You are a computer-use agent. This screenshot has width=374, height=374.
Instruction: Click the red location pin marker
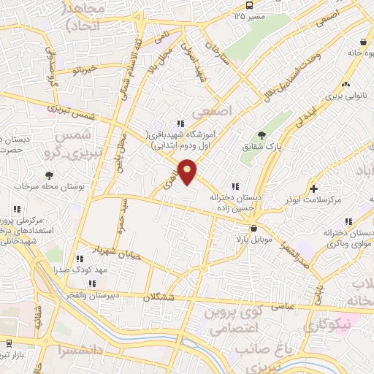click(x=188, y=171)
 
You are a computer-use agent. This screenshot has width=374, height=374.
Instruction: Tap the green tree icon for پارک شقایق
click(x=262, y=134)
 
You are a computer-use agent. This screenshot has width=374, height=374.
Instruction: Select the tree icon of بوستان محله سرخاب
click(x=49, y=175)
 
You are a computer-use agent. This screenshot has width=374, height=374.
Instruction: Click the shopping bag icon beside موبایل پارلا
click(x=253, y=228)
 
